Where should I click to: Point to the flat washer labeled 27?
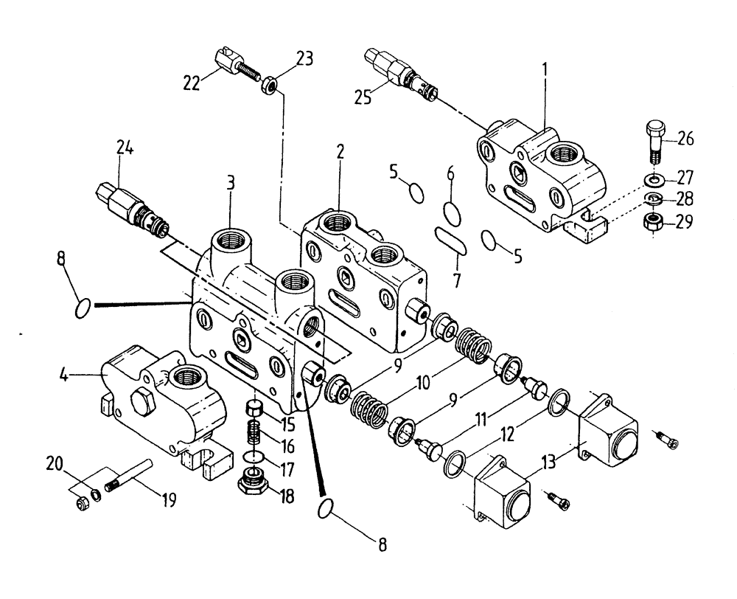pyautogui.click(x=653, y=179)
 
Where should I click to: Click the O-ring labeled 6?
pyautogui.click(x=453, y=212)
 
